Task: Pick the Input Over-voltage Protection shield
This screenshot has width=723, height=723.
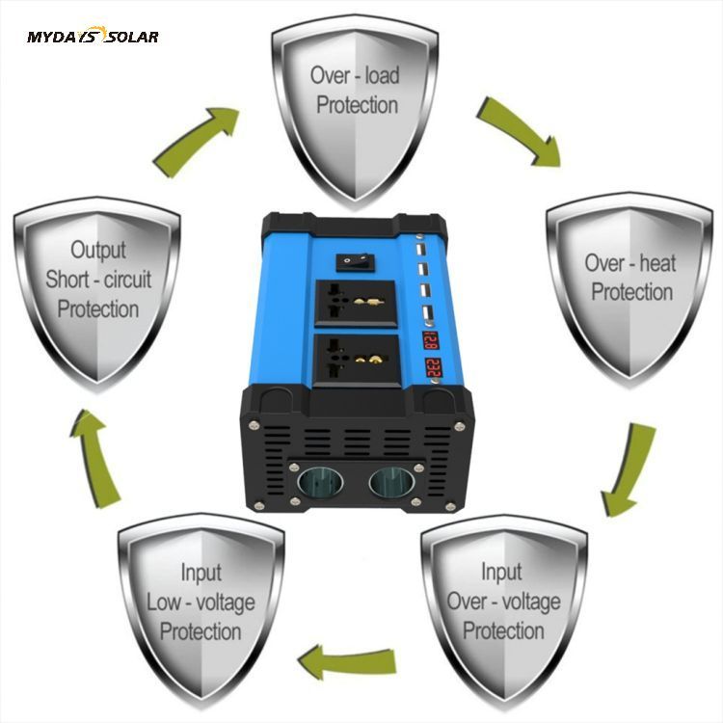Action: pos(503,602)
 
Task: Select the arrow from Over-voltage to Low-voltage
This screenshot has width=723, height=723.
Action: pos(347,663)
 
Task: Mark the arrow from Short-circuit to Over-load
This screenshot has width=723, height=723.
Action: pos(198,139)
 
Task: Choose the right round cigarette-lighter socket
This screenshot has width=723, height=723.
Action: pos(392,479)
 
